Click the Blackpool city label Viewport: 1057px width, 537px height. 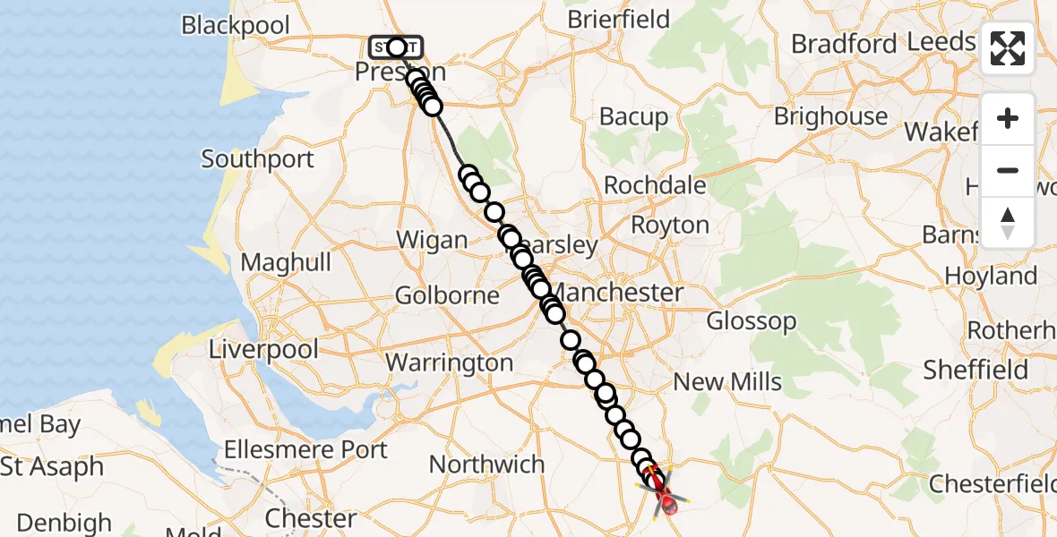coord(236,24)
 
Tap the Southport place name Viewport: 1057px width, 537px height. coord(258,159)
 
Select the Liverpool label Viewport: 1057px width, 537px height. coord(263,348)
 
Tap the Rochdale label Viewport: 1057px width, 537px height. coord(655,185)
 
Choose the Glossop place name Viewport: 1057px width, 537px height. coord(751,320)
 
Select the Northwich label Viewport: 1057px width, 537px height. coord(486,465)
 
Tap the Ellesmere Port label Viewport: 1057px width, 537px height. coord(306,448)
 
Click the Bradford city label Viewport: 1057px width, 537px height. coord(843,43)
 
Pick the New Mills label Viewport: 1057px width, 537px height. coord(727,382)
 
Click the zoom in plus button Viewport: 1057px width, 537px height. coord(1008,118)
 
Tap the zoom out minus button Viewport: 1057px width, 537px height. coord(1008,170)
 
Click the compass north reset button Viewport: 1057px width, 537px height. coord(1008,222)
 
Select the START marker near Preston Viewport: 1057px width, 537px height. coord(395,47)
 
